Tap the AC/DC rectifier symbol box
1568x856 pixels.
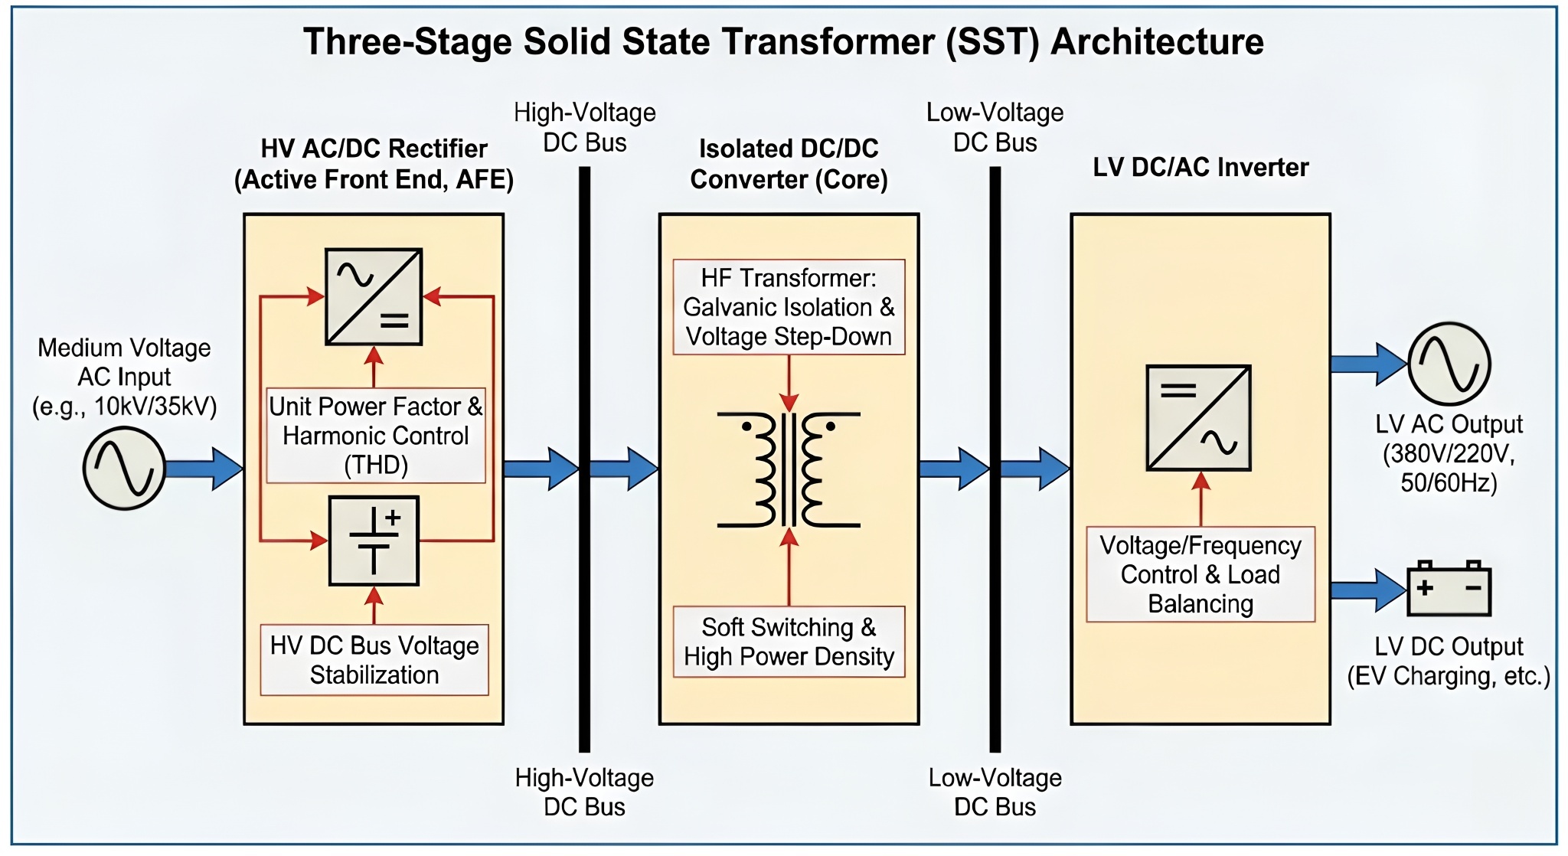coord(374,296)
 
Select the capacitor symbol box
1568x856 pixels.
coord(374,541)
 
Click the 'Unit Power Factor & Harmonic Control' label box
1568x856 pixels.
coord(376,435)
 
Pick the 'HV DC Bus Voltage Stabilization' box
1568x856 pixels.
coord(374,660)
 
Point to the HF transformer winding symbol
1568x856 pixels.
coord(789,469)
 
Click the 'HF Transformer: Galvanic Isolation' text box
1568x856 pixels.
coord(789,307)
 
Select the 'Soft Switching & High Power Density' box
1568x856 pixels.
coord(789,642)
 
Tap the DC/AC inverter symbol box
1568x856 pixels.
coord(1198,418)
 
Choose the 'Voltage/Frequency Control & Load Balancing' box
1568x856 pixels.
coord(1200,574)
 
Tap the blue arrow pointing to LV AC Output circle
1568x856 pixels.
coord(1370,364)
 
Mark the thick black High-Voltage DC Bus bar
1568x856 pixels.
coord(584,459)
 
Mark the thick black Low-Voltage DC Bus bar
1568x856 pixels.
coord(995,459)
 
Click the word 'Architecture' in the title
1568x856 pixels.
coord(1157,41)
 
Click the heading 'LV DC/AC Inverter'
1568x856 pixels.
coord(1200,167)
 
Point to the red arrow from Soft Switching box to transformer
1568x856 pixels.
coord(789,567)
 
